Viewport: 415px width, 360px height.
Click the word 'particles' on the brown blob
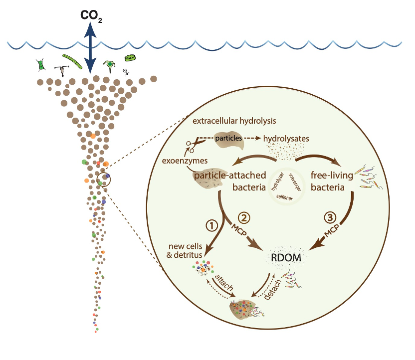point(228,137)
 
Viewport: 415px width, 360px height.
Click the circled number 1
point(211,225)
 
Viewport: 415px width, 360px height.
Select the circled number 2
point(244,218)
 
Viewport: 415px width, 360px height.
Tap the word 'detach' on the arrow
point(271,290)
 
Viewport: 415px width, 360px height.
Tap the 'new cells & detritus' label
point(185,250)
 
